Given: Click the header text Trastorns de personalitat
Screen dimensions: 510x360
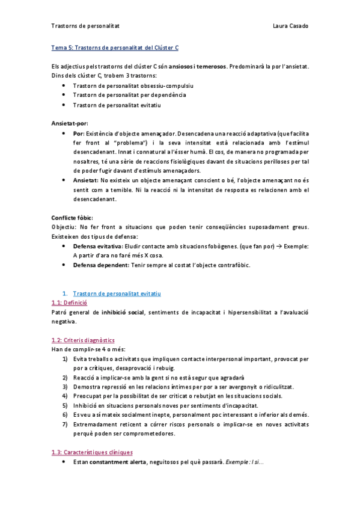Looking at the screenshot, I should [x=85, y=26].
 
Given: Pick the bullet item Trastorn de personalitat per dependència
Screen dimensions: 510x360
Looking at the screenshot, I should [x=129, y=95].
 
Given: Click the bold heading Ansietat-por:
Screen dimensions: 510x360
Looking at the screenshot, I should [x=70, y=123].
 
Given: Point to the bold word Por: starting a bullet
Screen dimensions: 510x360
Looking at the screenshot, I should [x=79, y=133].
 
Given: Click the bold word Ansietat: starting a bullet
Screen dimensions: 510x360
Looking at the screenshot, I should [x=85, y=180].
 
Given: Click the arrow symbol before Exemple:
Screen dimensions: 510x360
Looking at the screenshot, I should [x=279, y=246].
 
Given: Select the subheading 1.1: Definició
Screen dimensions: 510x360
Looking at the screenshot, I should [x=70, y=303].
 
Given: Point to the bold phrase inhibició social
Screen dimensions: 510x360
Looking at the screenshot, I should [x=123, y=312].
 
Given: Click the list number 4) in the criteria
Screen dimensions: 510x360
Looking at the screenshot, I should [x=65, y=396].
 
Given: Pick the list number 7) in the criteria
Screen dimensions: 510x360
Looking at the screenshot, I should [x=65, y=425].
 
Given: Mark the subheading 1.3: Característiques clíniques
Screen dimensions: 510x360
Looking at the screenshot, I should [x=93, y=452].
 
